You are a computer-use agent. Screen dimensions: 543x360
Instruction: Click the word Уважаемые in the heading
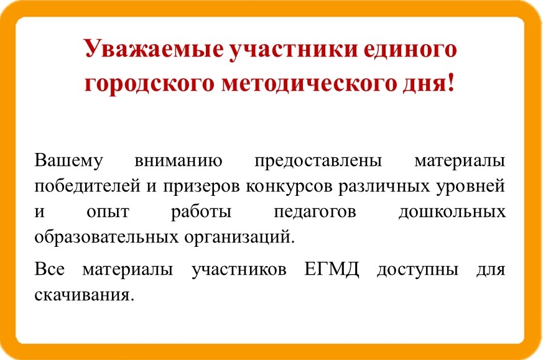click(154, 49)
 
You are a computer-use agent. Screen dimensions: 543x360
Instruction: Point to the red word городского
click(149, 85)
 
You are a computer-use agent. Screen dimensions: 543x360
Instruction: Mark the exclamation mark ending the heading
click(450, 83)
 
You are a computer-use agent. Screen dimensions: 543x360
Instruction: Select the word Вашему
click(68, 161)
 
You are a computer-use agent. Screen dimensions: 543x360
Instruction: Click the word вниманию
click(179, 161)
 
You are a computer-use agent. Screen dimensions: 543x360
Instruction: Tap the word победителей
click(87, 186)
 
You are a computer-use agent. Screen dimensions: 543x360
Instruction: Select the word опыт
click(108, 212)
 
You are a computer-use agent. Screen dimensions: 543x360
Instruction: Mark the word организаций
click(239, 238)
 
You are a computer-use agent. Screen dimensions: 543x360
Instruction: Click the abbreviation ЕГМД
click(332, 269)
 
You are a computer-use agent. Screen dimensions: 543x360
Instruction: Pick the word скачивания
click(84, 295)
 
